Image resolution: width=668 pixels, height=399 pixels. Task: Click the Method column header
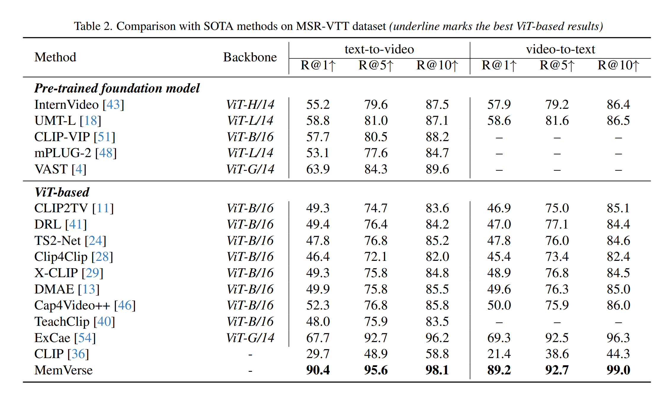tap(55, 57)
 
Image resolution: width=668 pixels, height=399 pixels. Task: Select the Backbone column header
tap(250, 57)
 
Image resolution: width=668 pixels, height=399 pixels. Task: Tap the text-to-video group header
tap(379, 49)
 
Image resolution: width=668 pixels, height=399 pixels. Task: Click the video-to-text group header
tap(560, 49)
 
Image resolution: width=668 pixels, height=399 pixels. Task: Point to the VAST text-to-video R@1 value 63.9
tap(318, 169)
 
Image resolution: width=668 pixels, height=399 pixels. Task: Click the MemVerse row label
tap(63, 370)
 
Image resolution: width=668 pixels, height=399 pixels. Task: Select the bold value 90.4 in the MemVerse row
tap(318, 370)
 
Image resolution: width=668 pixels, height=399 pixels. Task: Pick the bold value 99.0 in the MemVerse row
tap(618, 370)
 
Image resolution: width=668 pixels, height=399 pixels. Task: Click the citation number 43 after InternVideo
tap(113, 105)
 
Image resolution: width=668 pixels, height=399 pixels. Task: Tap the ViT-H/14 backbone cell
tap(250, 105)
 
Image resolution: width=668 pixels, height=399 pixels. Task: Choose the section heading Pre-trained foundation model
tap(117, 88)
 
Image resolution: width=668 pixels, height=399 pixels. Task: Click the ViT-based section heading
tap(62, 192)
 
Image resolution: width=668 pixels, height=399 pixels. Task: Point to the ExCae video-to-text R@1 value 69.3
tap(499, 338)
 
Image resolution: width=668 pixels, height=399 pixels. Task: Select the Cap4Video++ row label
tap(72, 305)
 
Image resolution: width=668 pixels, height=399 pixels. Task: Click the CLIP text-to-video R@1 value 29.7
tap(318, 354)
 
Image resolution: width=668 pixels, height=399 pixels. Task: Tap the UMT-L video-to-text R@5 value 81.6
tap(557, 121)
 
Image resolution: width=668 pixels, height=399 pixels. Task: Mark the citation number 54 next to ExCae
tap(85, 338)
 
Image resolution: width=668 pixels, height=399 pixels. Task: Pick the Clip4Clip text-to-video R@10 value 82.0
tap(437, 257)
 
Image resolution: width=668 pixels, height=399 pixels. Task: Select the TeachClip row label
tap(62, 322)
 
